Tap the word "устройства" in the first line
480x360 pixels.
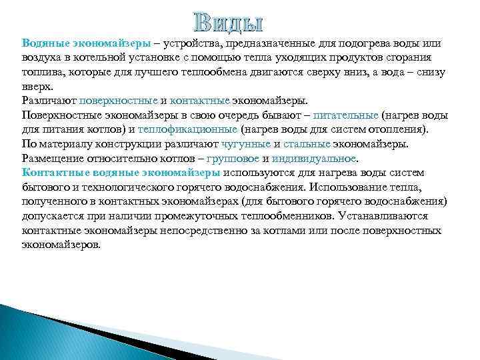(197, 43)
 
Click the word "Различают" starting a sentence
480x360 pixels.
(48, 101)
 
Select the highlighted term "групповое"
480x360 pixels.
(233, 159)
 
